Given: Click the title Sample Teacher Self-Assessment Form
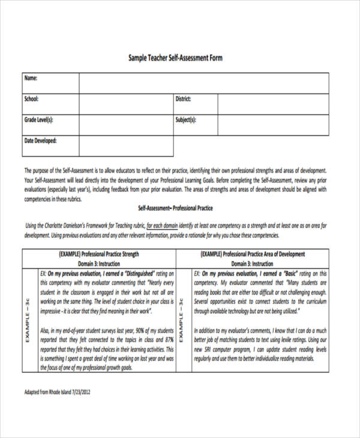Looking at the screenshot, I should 176,58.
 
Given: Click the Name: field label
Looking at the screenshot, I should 31,79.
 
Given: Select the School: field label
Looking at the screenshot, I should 32,99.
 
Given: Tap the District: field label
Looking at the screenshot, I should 183,99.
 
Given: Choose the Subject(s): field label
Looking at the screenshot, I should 186,119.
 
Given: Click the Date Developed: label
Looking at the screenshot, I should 40,140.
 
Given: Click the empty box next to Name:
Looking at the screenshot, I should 203,83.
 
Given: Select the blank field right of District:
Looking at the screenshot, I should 272,104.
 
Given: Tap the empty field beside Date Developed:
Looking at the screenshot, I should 126,146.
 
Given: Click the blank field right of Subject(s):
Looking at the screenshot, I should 272,124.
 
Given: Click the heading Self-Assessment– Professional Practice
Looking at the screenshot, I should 176,208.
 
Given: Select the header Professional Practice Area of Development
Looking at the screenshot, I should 262,254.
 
